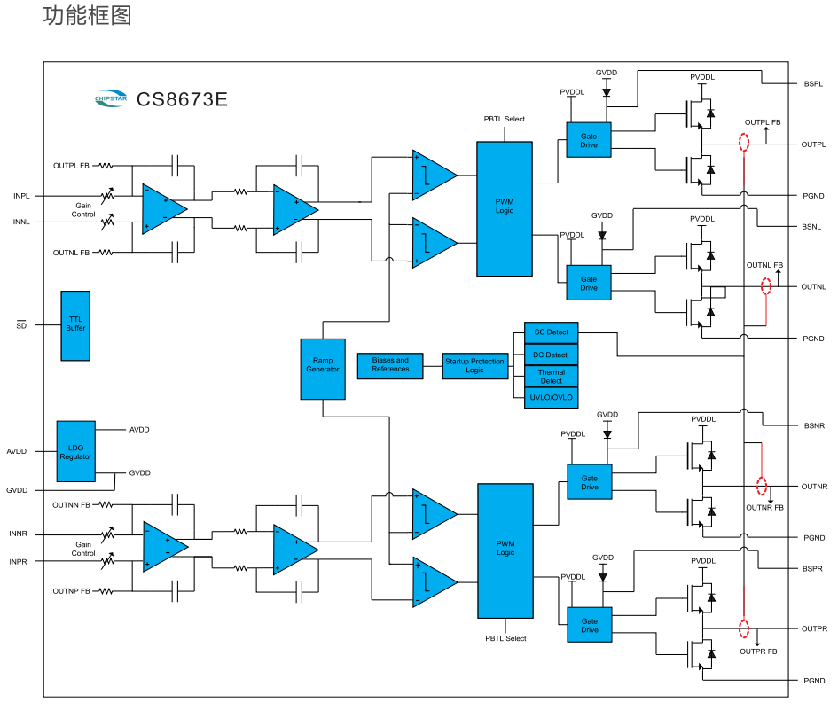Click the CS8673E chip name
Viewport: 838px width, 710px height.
(182, 99)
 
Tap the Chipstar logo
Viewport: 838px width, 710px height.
(112, 99)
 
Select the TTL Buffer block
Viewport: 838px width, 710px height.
(75, 325)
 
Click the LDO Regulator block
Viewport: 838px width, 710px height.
(75, 451)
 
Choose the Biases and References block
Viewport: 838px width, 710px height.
(390, 365)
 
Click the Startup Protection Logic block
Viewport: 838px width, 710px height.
(474, 365)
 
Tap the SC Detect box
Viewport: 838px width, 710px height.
(551, 332)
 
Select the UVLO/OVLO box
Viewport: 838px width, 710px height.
(551, 398)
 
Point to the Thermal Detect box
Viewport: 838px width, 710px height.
(551, 377)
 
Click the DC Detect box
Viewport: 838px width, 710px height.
(551, 355)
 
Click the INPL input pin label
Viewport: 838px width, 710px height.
(21, 195)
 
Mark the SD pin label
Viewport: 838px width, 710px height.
(21, 325)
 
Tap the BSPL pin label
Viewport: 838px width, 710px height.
(813, 84)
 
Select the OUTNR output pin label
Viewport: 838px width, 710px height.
(814, 487)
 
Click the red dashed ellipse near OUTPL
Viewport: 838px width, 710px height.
(744, 143)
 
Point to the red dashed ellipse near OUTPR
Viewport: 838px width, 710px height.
(744, 630)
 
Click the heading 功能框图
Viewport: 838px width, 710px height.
(87, 16)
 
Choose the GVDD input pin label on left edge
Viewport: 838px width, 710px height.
(17, 490)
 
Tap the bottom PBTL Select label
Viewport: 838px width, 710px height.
(505, 638)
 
